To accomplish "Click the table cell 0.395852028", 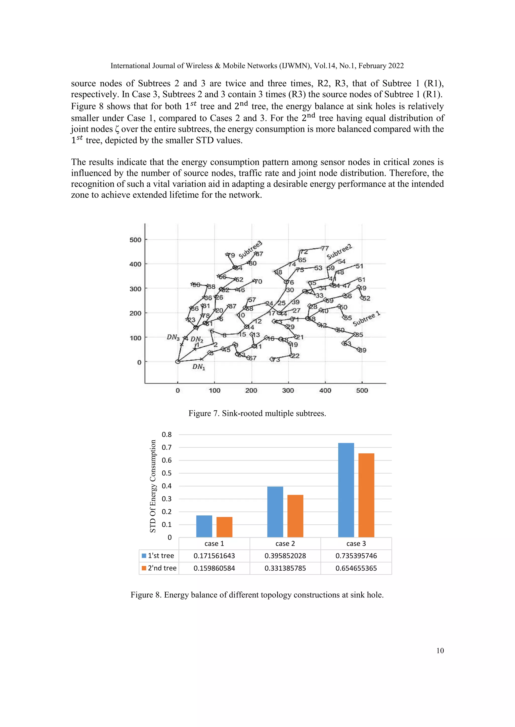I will click(285, 556).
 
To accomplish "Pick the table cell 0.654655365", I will click(356, 568).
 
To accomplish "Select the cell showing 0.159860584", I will click(214, 568).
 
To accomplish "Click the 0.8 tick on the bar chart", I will click(166, 435).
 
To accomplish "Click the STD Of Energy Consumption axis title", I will click(153, 486).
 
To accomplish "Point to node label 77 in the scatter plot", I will click(325, 248).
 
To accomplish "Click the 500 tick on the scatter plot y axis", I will click(135, 240).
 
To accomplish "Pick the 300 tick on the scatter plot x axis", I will click(288, 390).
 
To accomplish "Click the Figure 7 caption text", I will click(257, 413).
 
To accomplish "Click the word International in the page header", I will click(130, 66).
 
